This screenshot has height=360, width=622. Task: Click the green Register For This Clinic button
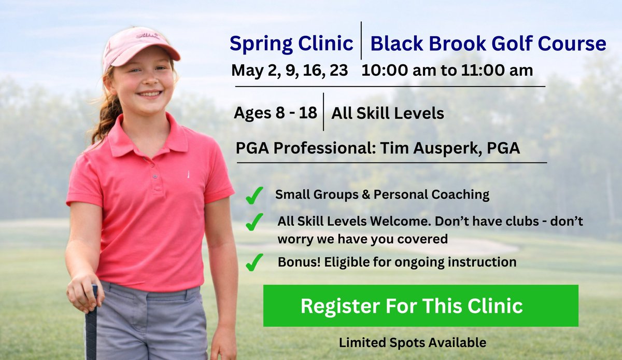click(x=420, y=306)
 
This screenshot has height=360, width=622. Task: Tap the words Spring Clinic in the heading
click(x=291, y=44)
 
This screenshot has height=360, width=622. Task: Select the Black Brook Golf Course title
click(x=488, y=44)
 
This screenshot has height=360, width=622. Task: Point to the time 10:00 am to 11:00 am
click(x=447, y=70)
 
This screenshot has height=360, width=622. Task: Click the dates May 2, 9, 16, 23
click(x=290, y=70)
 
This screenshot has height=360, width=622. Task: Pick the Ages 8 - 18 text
click(x=275, y=113)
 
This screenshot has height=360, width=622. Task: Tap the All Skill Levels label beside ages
click(x=388, y=113)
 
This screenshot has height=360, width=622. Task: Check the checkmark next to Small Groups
click(x=254, y=196)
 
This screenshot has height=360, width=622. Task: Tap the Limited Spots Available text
click(x=413, y=342)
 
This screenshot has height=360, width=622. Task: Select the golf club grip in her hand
click(x=92, y=322)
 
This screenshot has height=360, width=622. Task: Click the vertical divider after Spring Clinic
click(x=361, y=40)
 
